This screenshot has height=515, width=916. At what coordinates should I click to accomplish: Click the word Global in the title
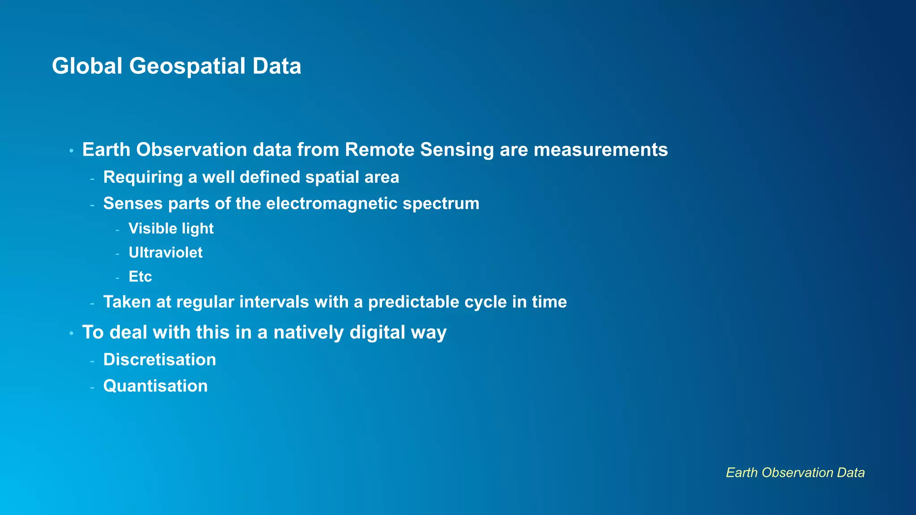coord(87,66)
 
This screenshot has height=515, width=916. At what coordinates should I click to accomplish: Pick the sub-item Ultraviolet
coord(165,253)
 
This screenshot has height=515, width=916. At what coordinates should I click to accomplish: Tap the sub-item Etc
coord(140,277)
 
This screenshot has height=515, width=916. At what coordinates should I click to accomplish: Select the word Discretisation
coord(160,360)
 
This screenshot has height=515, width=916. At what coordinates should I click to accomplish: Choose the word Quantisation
coord(155,386)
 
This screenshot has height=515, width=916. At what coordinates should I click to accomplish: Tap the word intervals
coord(274,302)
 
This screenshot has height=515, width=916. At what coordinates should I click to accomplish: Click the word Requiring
coord(143,177)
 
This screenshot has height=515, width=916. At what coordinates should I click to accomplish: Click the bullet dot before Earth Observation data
coord(71,151)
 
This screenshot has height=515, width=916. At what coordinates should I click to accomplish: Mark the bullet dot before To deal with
coord(71,333)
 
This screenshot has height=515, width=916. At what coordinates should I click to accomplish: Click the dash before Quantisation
coord(92,387)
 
